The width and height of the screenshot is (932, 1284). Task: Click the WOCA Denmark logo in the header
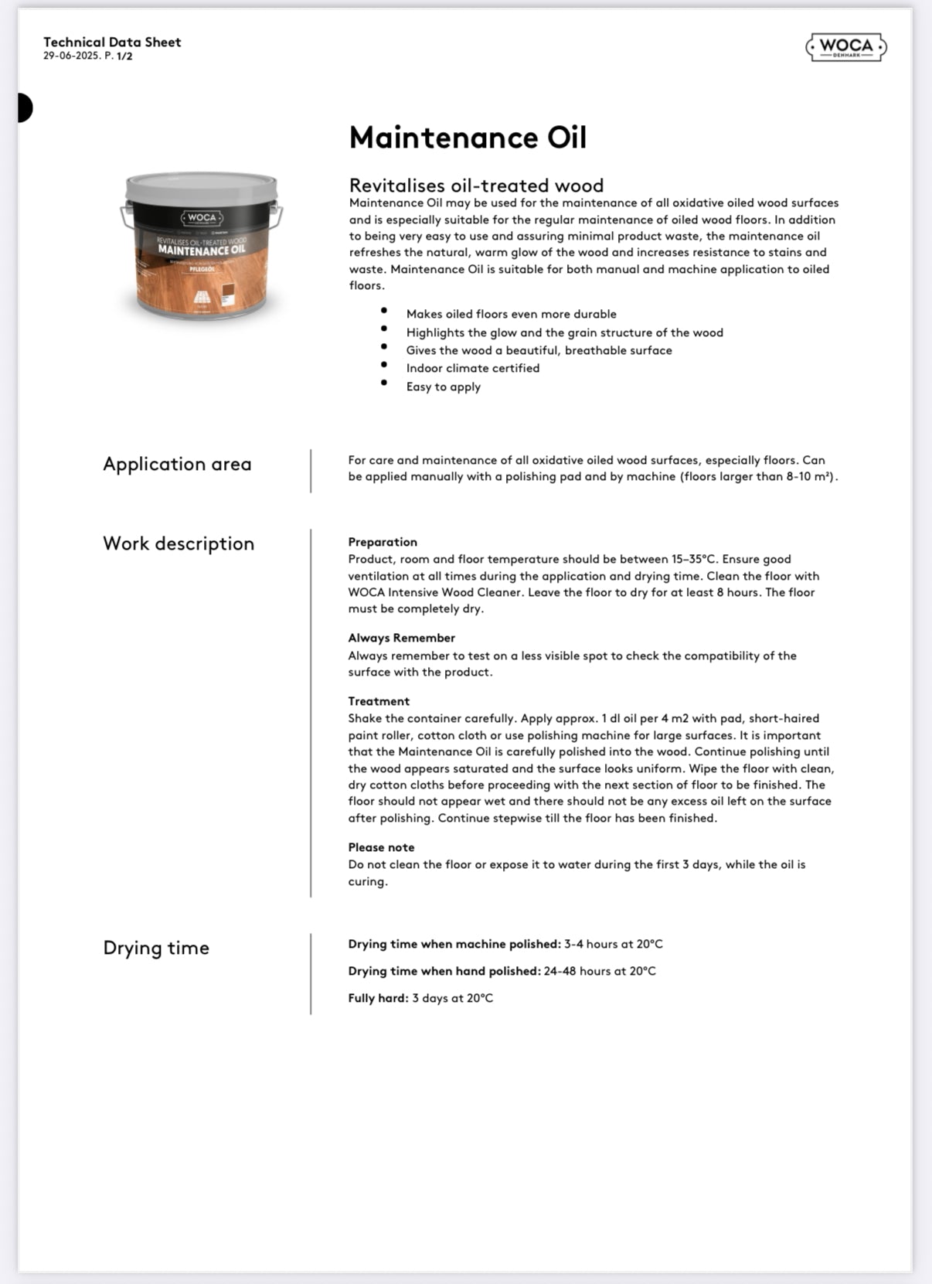846,48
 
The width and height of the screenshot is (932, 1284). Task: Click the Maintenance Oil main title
468,138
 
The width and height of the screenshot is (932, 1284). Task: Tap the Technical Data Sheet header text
112,42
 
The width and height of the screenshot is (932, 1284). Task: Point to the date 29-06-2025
72,56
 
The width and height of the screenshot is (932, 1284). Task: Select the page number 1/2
124,56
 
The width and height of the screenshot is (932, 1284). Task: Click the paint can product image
202,246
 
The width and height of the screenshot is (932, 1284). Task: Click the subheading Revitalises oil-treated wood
476,186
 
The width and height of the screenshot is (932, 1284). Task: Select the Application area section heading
177,464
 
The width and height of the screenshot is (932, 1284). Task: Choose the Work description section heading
179,543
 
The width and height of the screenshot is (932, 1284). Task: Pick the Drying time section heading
156,948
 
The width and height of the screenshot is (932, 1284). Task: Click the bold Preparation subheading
383,542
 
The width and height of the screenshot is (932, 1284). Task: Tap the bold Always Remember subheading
401,638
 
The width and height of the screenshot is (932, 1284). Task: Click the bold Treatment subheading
379,701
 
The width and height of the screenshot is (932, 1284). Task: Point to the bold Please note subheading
381,847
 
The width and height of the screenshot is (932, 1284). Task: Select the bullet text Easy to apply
444,387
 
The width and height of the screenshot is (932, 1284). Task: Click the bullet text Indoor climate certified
473,368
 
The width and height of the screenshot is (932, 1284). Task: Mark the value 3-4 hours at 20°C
614,944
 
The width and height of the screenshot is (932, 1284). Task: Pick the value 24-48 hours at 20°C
600,971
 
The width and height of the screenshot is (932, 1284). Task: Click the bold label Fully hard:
378,998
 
